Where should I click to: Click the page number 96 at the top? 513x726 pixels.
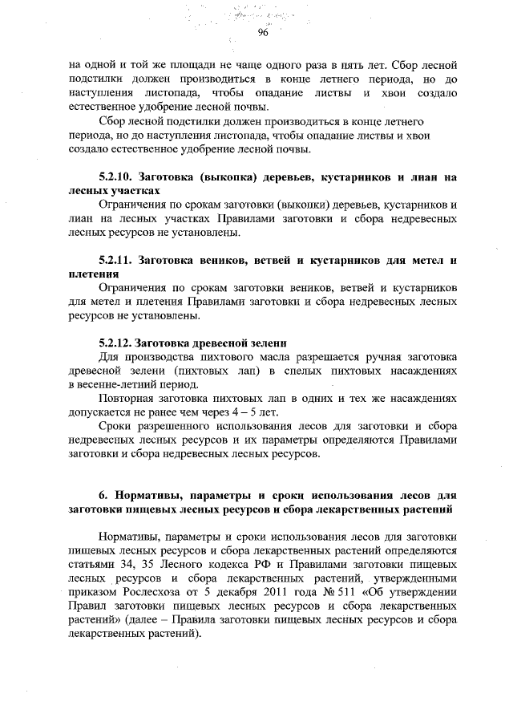coord(262,33)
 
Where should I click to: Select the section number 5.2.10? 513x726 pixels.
coord(116,176)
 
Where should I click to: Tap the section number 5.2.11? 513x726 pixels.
coord(116,260)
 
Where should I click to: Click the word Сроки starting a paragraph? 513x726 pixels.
coord(118,427)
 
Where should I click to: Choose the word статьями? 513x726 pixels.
coord(94,564)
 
